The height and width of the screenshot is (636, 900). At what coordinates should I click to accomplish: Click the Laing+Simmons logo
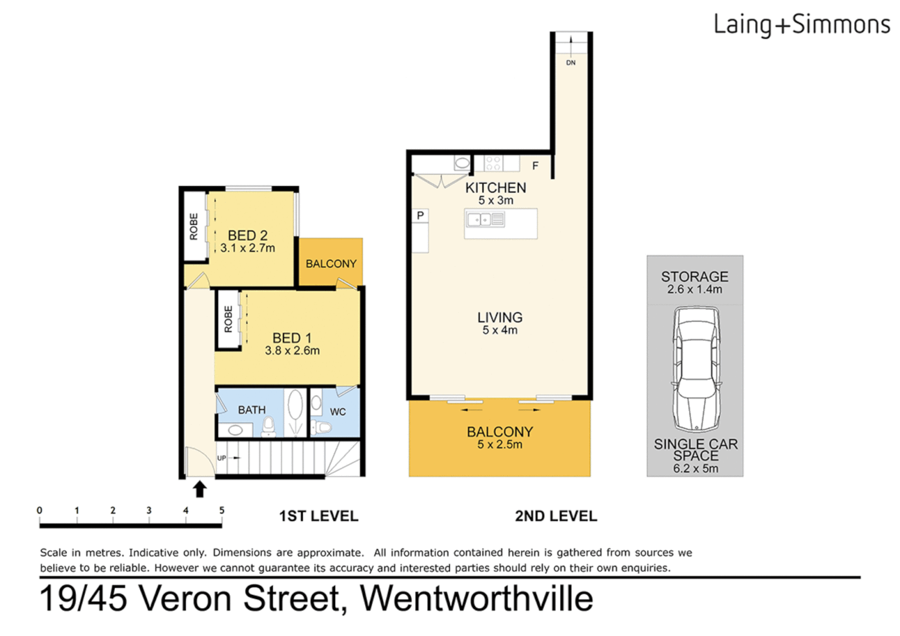(x=801, y=25)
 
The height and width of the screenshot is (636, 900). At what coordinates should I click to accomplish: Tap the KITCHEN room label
(x=495, y=188)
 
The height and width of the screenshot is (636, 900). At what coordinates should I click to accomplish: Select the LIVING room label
(x=499, y=317)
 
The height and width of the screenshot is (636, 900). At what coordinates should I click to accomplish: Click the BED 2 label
(x=247, y=236)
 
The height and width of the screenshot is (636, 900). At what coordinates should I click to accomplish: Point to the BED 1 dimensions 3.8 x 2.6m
(x=292, y=351)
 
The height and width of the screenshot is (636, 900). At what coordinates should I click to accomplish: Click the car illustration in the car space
(x=696, y=369)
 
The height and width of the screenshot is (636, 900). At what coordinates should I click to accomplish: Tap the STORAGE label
(x=694, y=276)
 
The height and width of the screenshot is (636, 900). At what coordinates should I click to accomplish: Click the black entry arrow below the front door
(x=200, y=489)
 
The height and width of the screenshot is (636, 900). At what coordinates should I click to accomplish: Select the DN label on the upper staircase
(x=571, y=62)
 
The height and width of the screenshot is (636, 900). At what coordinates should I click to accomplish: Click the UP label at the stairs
(x=221, y=458)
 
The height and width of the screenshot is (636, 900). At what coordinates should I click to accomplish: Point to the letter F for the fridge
(x=535, y=166)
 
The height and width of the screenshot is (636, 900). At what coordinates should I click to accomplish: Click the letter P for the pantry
(x=420, y=216)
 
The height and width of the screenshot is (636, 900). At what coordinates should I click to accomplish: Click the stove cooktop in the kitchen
(x=493, y=163)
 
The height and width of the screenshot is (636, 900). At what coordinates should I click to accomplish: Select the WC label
(x=337, y=412)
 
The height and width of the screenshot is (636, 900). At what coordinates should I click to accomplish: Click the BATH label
(x=252, y=410)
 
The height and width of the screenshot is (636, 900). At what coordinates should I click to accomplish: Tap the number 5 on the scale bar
(x=221, y=511)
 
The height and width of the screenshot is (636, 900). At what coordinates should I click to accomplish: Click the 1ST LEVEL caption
(x=318, y=516)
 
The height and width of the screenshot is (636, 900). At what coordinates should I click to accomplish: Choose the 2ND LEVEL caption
(x=555, y=516)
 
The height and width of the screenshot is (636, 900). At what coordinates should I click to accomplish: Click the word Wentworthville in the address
(x=476, y=599)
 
